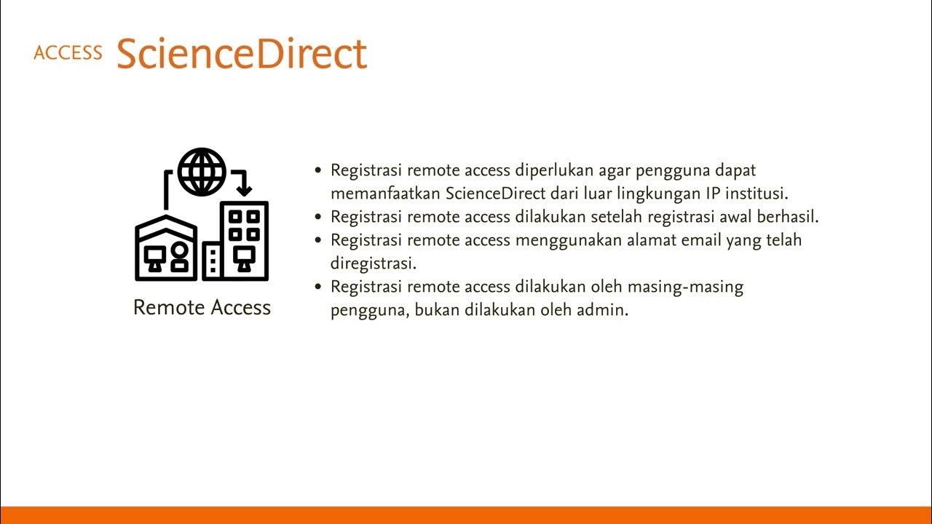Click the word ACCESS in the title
68,53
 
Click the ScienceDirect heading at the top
241,52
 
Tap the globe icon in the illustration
202,172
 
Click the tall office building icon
244,240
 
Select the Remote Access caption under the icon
202,308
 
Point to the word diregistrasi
373,263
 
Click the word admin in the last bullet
604,310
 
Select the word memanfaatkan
386,194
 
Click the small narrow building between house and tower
213,261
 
